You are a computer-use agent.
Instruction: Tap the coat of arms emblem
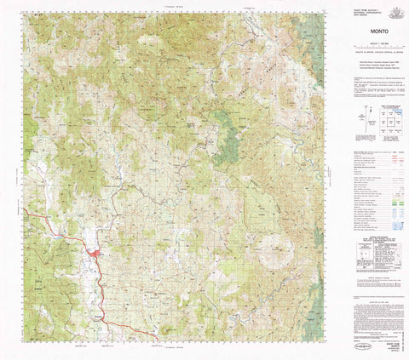pos(395,10)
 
